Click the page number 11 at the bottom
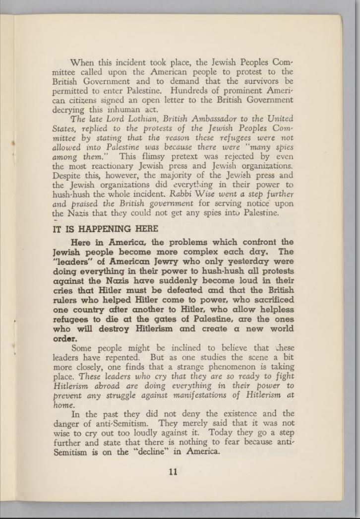click(173, 472)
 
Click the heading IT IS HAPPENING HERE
click(105, 229)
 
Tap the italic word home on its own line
click(61, 405)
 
